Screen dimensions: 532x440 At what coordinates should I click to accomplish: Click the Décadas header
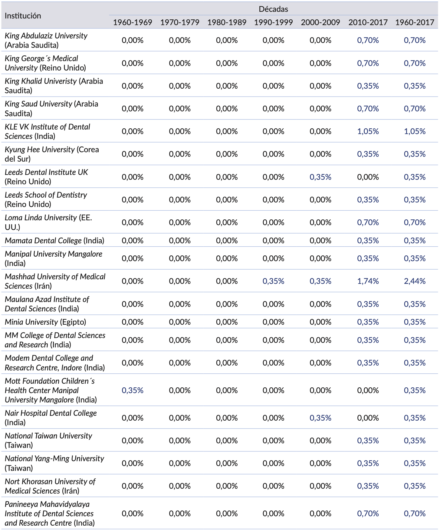click(x=273, y=9)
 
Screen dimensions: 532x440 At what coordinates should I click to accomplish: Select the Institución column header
click(x=23, y=16)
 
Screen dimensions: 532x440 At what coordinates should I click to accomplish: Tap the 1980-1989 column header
click(x=227, y=22)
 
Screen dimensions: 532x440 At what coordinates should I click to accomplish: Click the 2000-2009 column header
click(x=320, y=22)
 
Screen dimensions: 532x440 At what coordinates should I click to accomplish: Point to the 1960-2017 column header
click(x=415, y=22)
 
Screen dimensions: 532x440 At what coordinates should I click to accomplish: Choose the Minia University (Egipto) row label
click(x=45, y=322)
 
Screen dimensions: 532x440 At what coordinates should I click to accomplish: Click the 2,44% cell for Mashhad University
click(x=415, y=281)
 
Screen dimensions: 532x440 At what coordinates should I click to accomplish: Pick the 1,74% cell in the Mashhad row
click(x=368, y=281)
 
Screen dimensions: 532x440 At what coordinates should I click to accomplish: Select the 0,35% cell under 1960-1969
click(x=133, y=390)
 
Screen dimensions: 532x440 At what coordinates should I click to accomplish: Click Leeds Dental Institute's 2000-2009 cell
click(x=320, y=177)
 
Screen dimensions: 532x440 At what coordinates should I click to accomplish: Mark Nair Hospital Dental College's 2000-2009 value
click(x=320, y=418)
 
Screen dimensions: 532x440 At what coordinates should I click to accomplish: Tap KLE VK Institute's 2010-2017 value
click(x=368, y=131)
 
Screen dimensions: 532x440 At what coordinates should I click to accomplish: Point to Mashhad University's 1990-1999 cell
click(x=273, y=281)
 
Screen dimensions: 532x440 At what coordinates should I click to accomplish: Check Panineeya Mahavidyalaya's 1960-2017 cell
click(x=415, y=514)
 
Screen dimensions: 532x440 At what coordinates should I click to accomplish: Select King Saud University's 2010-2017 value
click(x=368, y=109)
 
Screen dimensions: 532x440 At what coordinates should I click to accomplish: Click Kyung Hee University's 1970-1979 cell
click(x=180, y=154)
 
